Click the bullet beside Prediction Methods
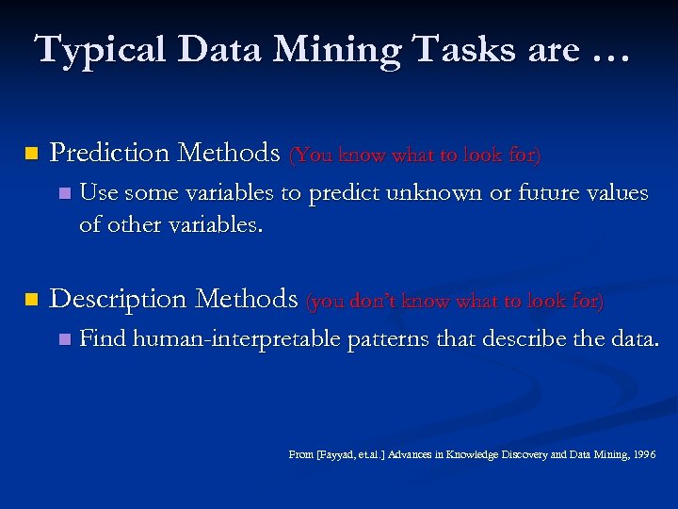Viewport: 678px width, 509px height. coord(31,153)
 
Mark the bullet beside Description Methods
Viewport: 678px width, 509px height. coord(31,300)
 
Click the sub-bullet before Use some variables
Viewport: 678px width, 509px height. coord(63,194)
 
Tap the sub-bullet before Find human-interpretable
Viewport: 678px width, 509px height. coord(63,338)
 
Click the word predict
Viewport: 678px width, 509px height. coord(342,193)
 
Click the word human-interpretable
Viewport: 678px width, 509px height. coord(236,338)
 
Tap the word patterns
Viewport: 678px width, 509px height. coord(385,338)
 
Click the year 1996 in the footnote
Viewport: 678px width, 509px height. coord(645,454)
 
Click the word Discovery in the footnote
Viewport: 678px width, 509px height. coord(529,454)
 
